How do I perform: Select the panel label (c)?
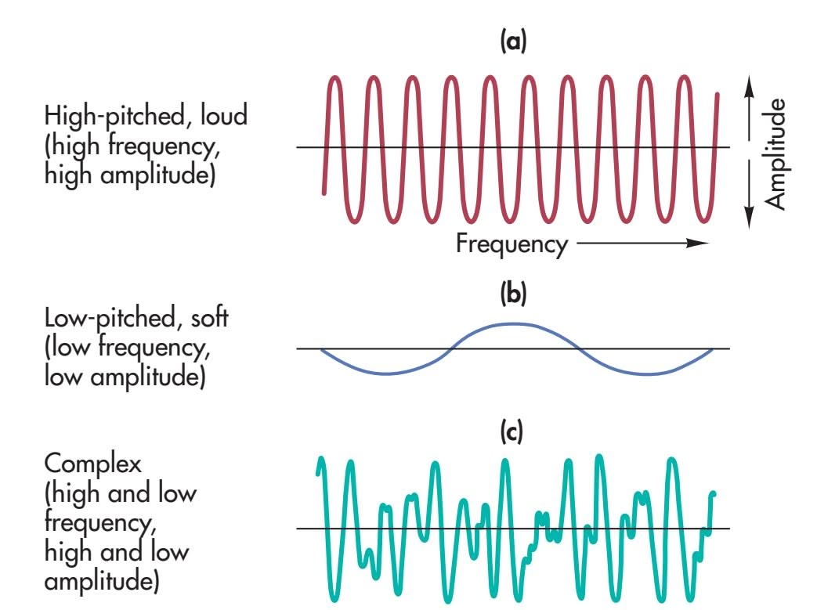pyautogui.click(x=514, y=431)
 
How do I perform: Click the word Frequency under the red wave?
pyautogui.click(x=512, y=244)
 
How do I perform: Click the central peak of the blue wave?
pyautogui.click(x=510, y=323)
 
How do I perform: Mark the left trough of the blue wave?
pyautogui.click(x=383, y=373)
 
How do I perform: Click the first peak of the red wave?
pyautogui.click(x=335, y=78)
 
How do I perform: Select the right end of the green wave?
pyautogui.click(x=714, y=494)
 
